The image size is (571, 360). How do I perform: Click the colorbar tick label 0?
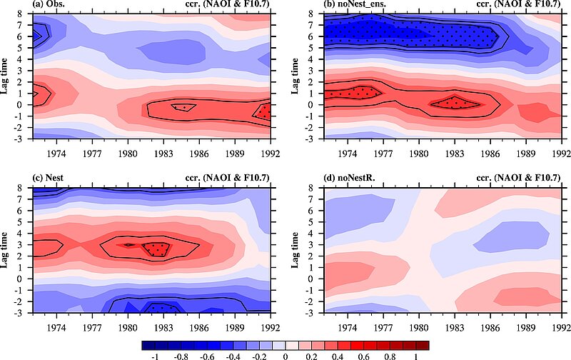point(285,354)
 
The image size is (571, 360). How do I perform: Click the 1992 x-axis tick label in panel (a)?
point(270,152)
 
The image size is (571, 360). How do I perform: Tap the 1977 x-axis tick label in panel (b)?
point(384,152)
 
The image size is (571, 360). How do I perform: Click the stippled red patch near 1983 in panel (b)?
point(453,102)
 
